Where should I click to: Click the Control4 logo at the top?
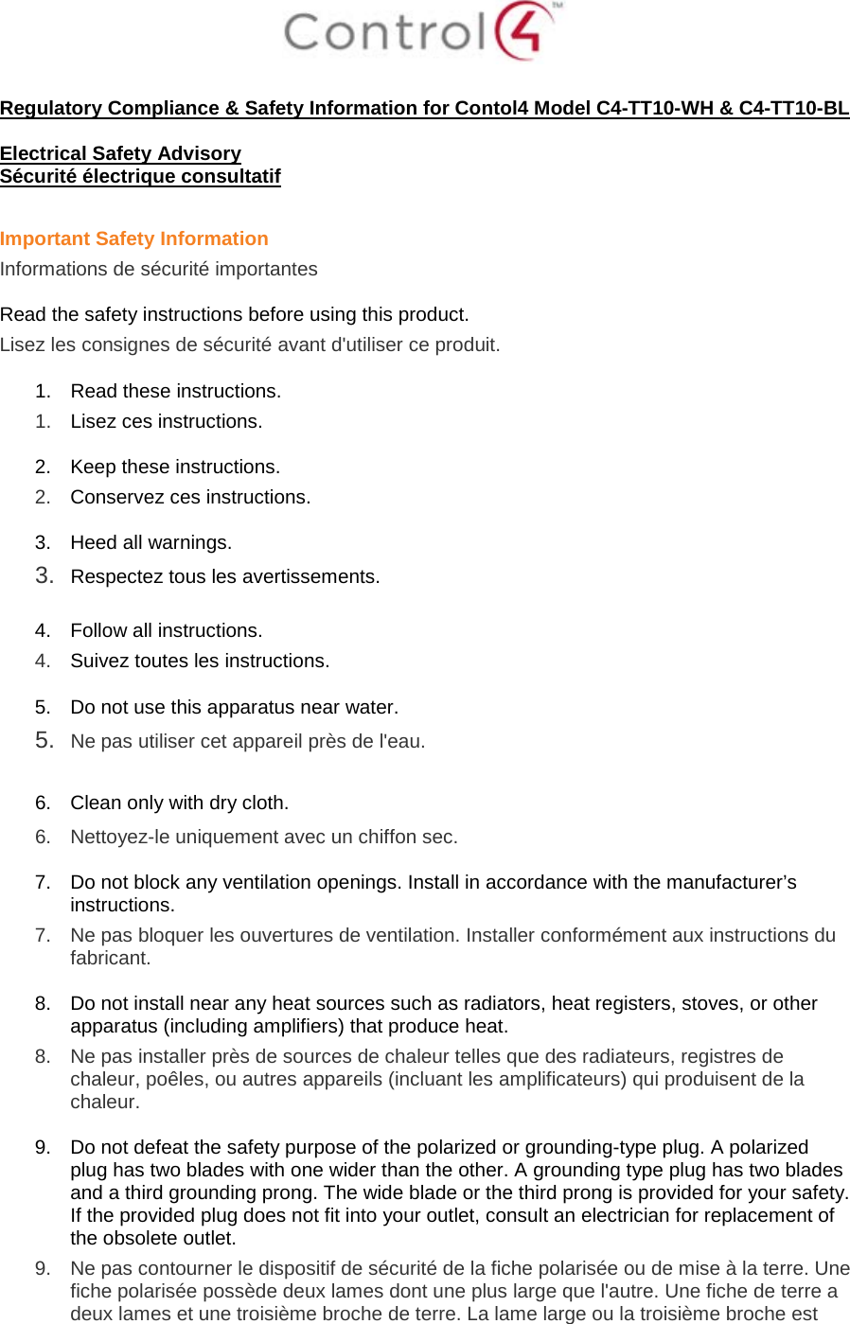point(421,31)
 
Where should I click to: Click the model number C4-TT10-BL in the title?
point(793,108)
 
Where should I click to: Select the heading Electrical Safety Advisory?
point(120,153)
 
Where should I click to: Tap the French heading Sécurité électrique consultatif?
point(140,176)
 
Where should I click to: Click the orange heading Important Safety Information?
point(133,238)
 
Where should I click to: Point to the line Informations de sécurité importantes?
point(158,269)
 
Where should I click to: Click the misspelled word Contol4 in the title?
point(491,108)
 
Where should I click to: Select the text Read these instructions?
point(175,391)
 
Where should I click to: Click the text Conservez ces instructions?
point(189,497)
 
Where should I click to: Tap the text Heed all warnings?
point(151,542)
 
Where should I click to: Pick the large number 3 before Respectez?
point(43,575)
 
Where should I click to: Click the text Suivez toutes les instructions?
point(200,661)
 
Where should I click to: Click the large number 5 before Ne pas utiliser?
point(43,740)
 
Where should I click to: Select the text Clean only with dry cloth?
point(179,803)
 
